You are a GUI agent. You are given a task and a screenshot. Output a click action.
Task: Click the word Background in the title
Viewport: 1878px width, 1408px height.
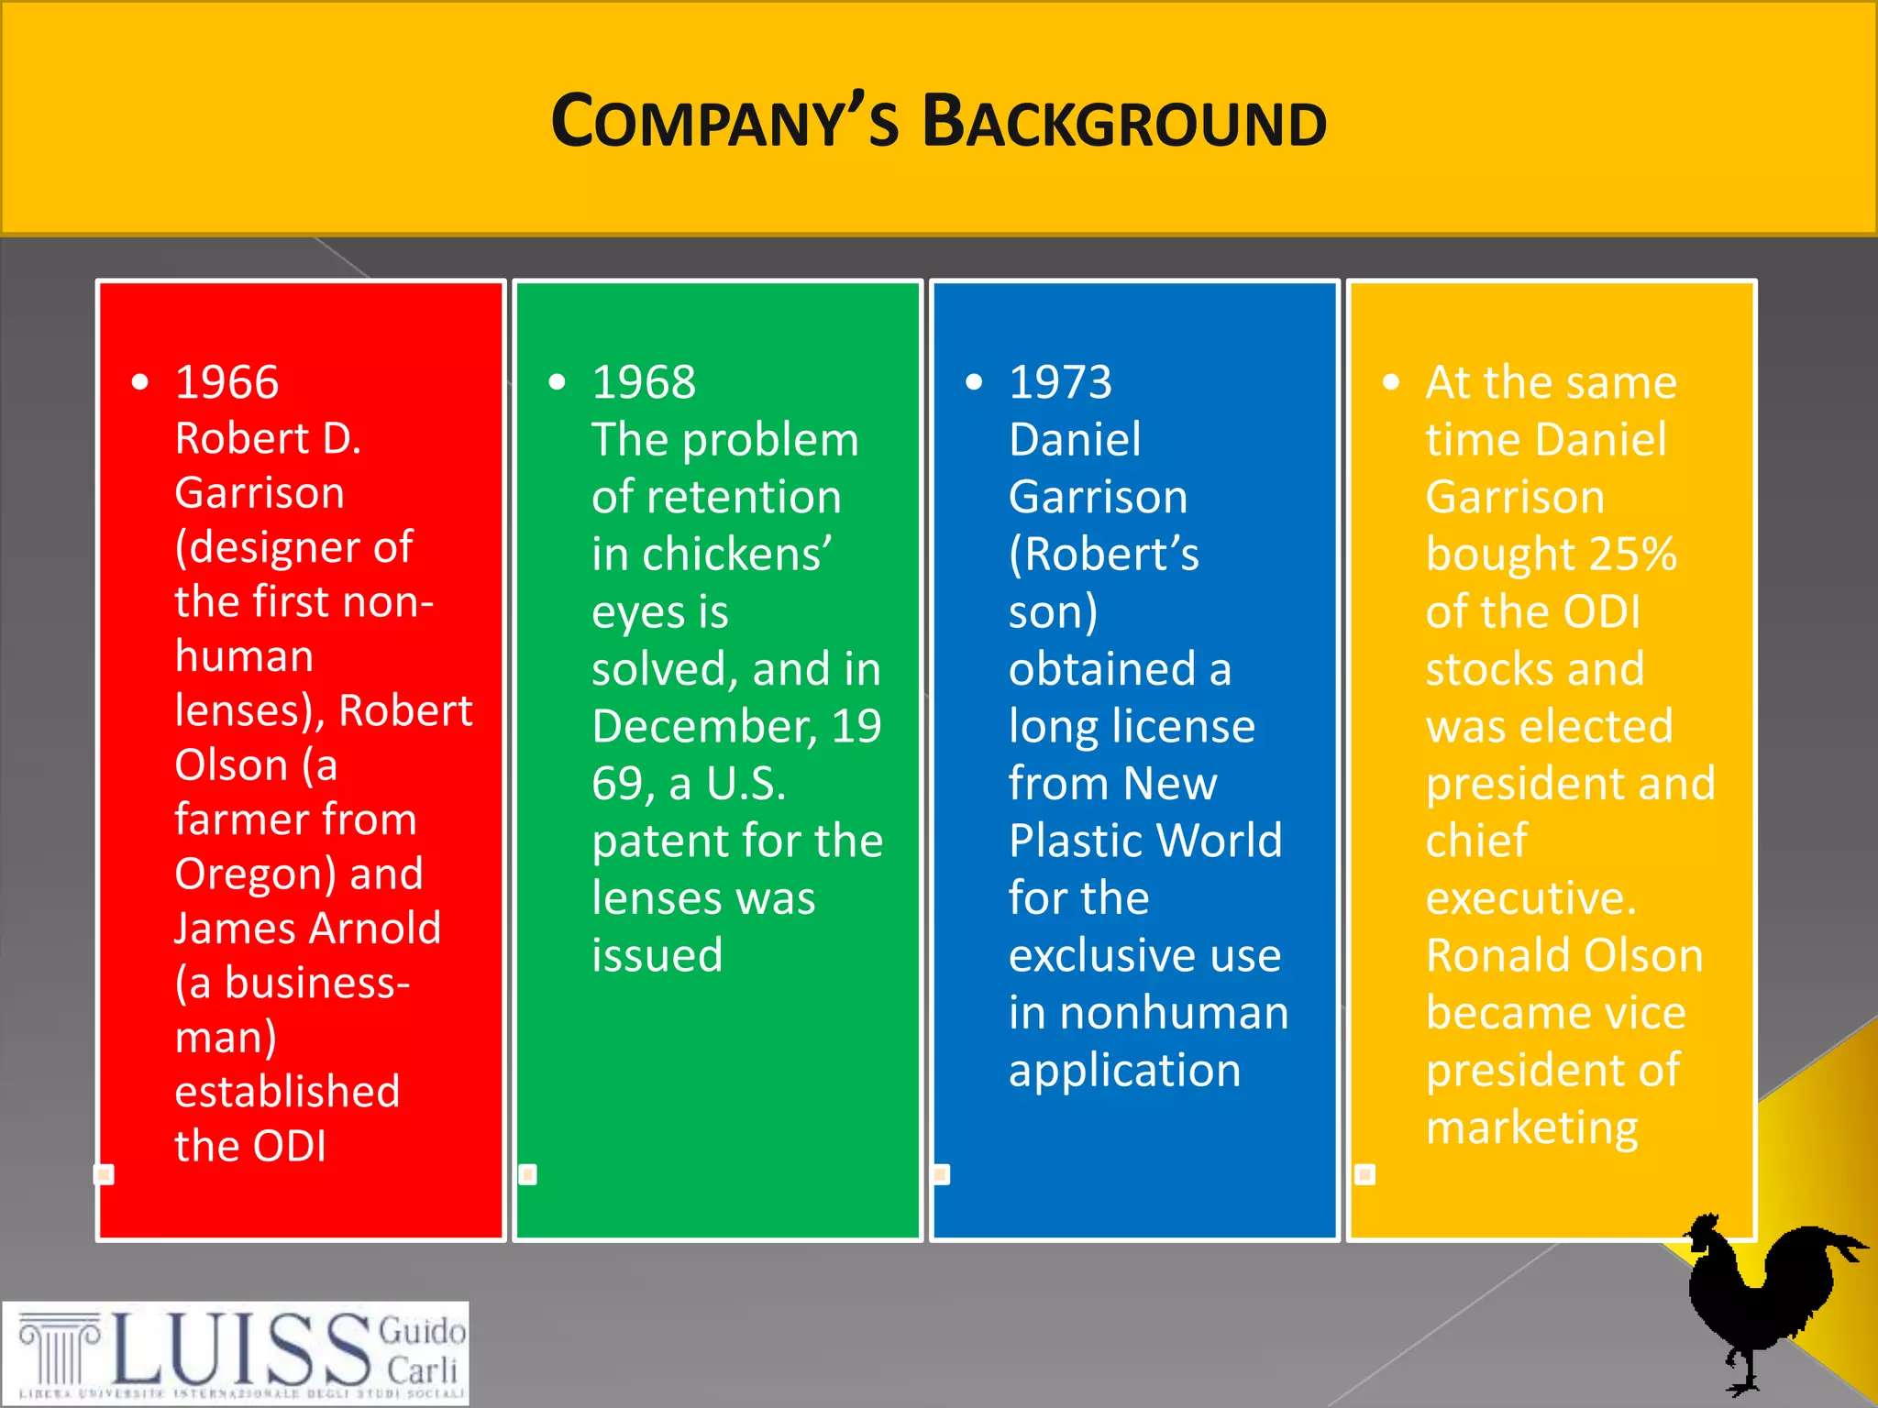[x=1124, y=123]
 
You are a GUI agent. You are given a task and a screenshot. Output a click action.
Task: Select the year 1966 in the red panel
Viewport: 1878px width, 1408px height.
[x=226, y=382]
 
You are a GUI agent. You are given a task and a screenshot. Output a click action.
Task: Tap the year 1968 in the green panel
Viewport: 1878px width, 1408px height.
[x=644, y=382]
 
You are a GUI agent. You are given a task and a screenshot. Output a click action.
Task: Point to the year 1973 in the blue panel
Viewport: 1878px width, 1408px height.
[x=1060, y=382]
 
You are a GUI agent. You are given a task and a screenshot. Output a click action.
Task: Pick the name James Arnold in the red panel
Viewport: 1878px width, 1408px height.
[x=308, y=929]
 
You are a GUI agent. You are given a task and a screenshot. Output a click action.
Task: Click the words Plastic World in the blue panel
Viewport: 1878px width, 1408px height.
[x=1145, y=841]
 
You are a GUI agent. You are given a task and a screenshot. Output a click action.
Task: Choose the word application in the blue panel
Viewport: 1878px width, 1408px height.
[x=1124, y=1071]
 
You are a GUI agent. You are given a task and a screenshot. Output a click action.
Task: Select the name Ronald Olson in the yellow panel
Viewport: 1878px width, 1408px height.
[x=1564, y=956]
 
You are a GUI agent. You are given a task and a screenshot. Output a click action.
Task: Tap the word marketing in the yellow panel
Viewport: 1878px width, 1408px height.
[x=1531, y=1127]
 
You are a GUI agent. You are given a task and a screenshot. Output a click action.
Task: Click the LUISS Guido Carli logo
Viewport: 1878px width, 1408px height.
[x=236, y=1353]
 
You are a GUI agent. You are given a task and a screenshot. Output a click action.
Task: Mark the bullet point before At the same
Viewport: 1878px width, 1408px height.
[x=1391, y=382]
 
